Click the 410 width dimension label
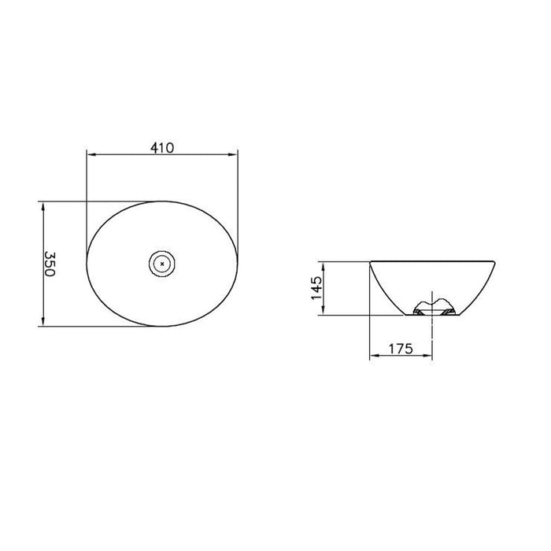point(162,148)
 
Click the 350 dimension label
point(50,264)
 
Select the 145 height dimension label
point(316,288)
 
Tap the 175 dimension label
point(401,349)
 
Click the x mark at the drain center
point(162,264)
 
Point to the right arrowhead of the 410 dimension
point(233,154)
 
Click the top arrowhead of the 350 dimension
point(43,206)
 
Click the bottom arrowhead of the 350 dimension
point(43,321)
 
